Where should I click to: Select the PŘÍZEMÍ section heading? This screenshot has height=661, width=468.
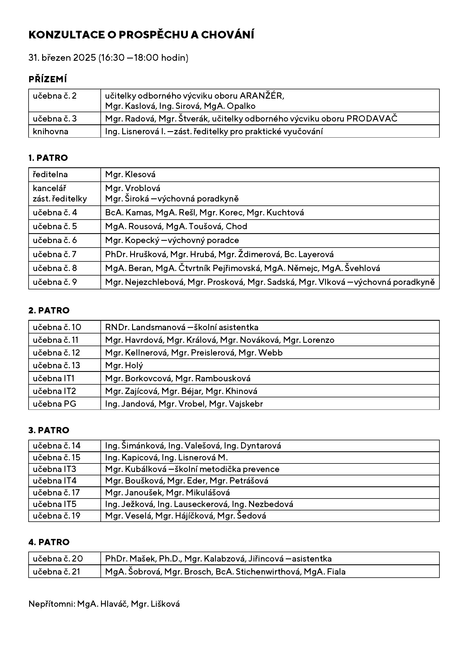[x=48, y=79]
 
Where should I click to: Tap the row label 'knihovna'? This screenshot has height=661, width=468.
[x=50, y=132]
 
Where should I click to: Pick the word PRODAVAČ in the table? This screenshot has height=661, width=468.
[x=372, y=119]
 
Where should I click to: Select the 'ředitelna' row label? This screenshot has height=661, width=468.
[x=50, y=174]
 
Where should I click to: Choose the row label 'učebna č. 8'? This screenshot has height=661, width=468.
[x=55, y=268]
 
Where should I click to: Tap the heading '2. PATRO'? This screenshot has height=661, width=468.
[x=49, y=310]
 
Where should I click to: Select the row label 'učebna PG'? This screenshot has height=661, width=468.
[x=54, y=404]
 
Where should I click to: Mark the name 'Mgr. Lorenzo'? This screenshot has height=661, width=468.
[x=309, y=340]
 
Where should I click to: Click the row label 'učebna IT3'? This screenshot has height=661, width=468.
[x=54, y=469]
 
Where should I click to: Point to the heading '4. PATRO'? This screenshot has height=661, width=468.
[x=49, y=542]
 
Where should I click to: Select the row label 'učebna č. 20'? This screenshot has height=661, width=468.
[x=58, y=559]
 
